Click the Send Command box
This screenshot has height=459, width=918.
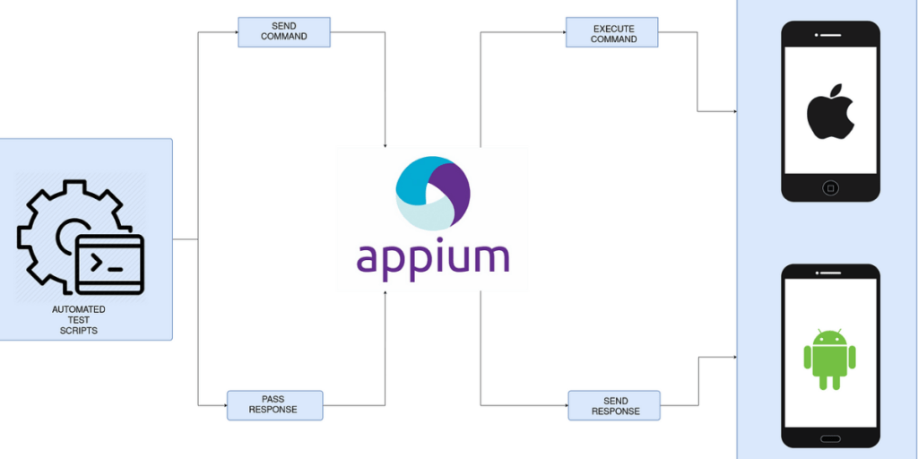pyautogui.click(x=283, y=31)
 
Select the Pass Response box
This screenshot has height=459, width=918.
pyautogui.click(x=273, y=404)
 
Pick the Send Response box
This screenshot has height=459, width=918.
pyautogui.click(x=614, y=405)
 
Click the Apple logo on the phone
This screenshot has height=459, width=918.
pyautogui.click(x=829, y=111)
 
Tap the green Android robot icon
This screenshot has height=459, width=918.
pyautogui.click(x=829, y=359)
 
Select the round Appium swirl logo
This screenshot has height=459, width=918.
pyautogui.click(x=432, y=193)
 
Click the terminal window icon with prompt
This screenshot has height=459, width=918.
pyautogui.click(x=109, y=264)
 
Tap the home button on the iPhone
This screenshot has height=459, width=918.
pyautogui.click(x=830, y=188)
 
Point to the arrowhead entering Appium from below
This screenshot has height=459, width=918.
pyautogui.click(x=385, y=293)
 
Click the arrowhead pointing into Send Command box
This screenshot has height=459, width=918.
pyautogui.click(x=234, y=33)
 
